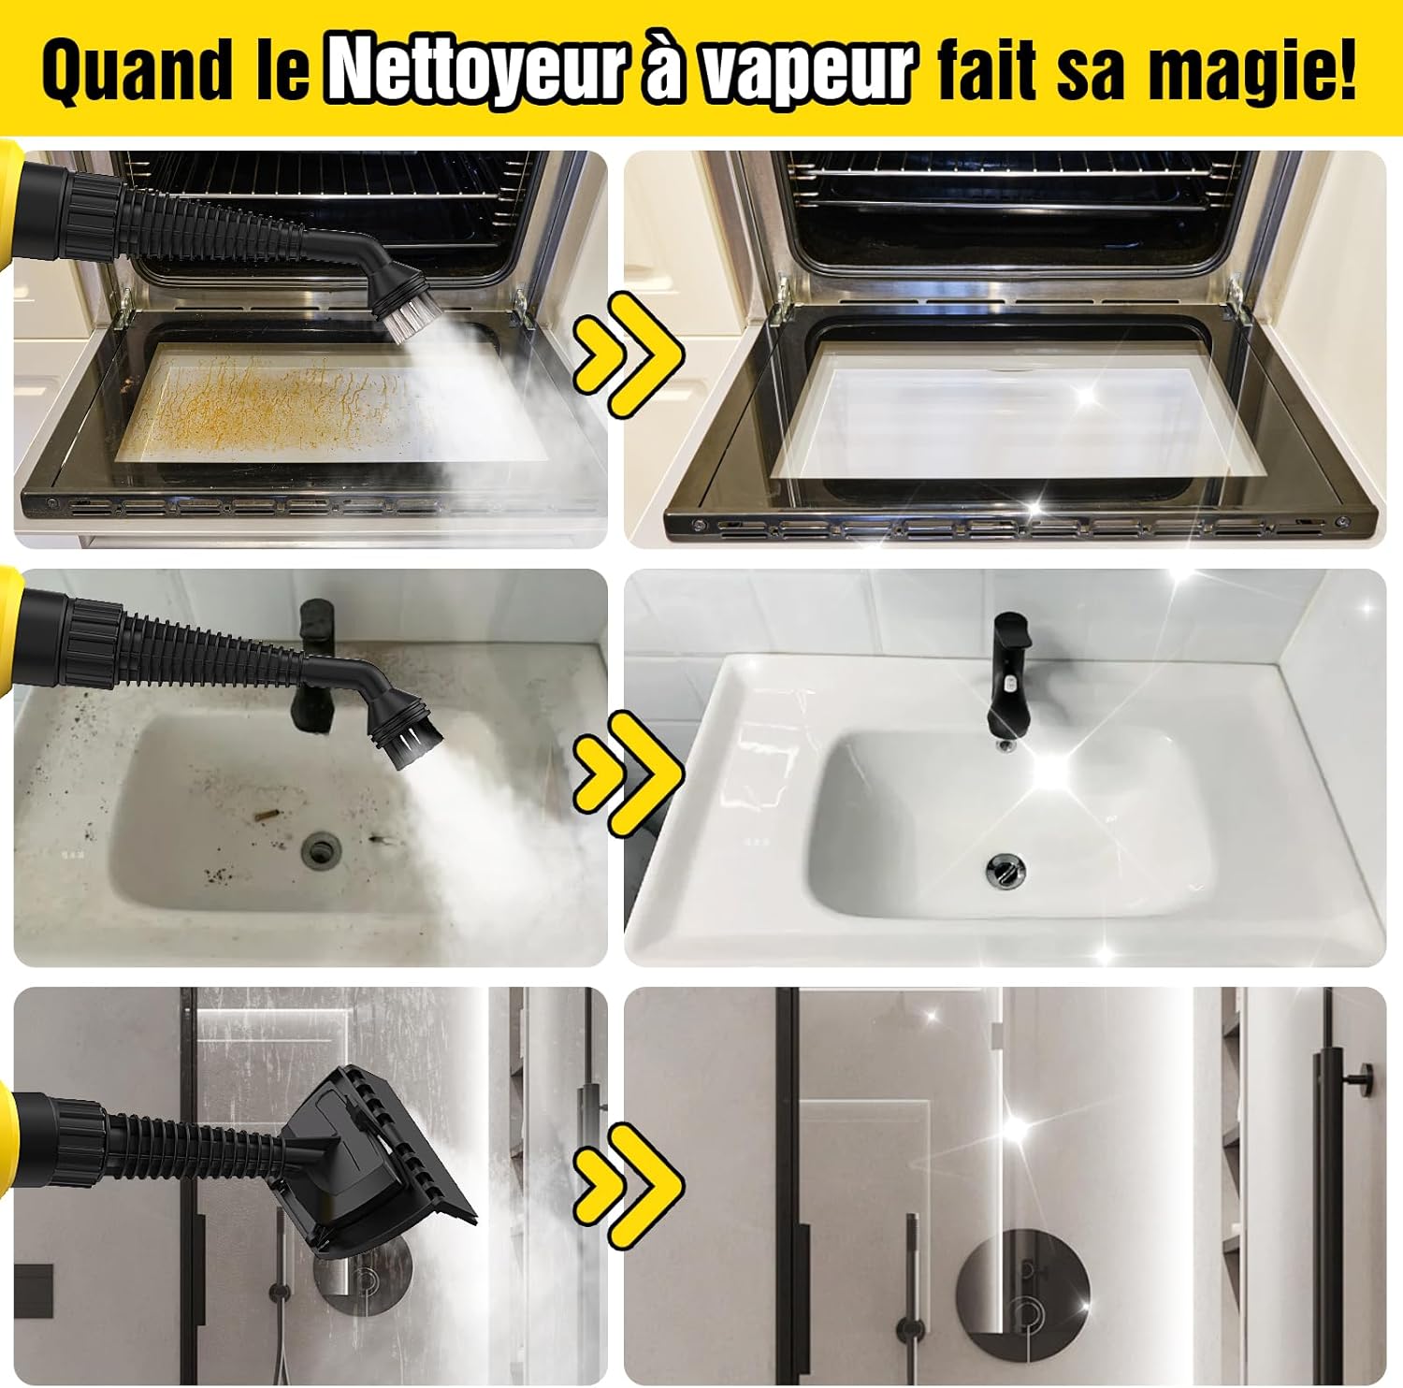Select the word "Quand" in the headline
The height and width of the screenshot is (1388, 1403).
pyautogui.click(x=137, y=70)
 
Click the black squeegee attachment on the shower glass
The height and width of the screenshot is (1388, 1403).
pyautogui.click(x=374, y=1160)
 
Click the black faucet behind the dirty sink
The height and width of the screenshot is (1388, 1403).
pyautogui.click(x=316, y=662)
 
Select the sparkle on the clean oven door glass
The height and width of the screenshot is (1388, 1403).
pyautogui.click(x=1085, y=398)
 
